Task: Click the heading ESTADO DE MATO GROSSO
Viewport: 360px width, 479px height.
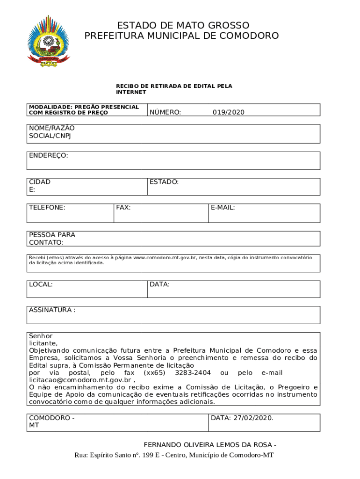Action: [183, 25]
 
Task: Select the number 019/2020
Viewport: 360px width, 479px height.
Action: [229, 112]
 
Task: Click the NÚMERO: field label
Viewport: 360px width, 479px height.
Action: [166, 112]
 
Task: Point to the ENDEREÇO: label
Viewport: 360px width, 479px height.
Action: [49, 155]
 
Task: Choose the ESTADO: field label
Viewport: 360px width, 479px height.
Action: [164, 182]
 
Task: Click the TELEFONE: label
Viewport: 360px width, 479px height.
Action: [47, 207]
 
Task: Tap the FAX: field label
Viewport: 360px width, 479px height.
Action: [123, 207]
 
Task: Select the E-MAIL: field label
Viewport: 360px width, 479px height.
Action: [223, 207]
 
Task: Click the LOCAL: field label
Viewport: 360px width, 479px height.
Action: [41, 284]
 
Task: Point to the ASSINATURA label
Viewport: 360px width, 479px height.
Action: [50, 310]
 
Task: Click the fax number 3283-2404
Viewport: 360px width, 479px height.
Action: [193, 373]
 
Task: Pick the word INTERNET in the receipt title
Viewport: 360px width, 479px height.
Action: [131, 92]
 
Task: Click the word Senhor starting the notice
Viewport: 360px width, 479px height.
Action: [41, 336]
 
